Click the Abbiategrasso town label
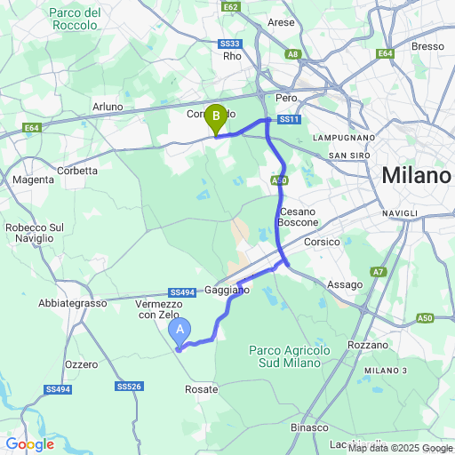pyautogui.click(x=72, y=303)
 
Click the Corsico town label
pyautogui.click(x=322, y=241)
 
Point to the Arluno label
pyautogui.click(x=108, y=107)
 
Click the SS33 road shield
pyautogui.click(x=229, y=44)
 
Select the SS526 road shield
pyautogui.click(x=129, y=386)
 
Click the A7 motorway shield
pyautogui.click(x=379, y=272)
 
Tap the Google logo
pyautogui.click(x=29, y=443)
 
